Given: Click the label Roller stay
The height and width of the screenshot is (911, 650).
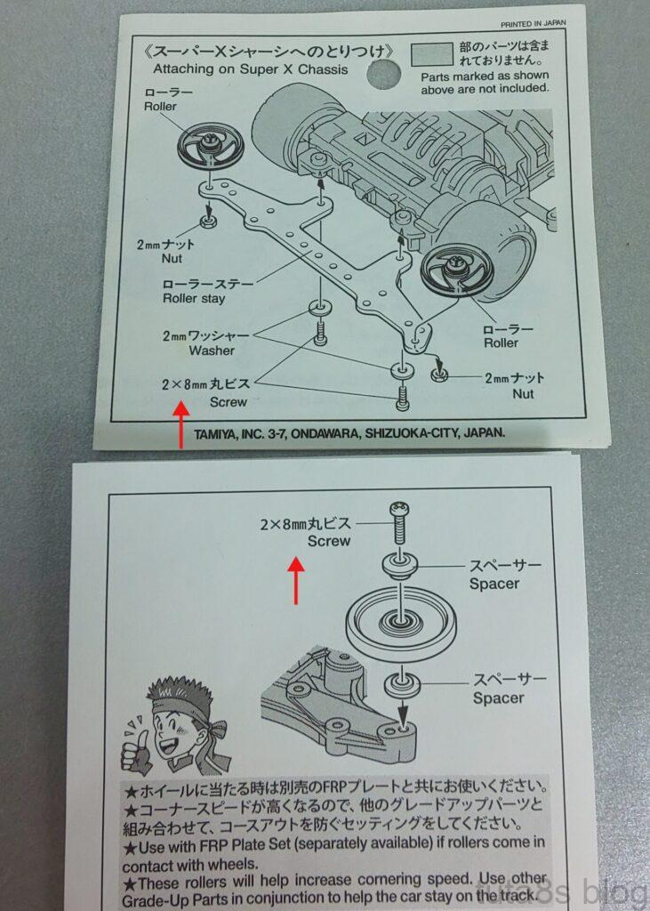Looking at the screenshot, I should click(x=193, y=299).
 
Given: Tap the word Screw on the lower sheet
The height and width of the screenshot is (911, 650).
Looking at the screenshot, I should click(x=329, y=541).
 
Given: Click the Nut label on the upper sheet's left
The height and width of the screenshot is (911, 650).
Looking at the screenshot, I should click(x=172, y=258).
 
